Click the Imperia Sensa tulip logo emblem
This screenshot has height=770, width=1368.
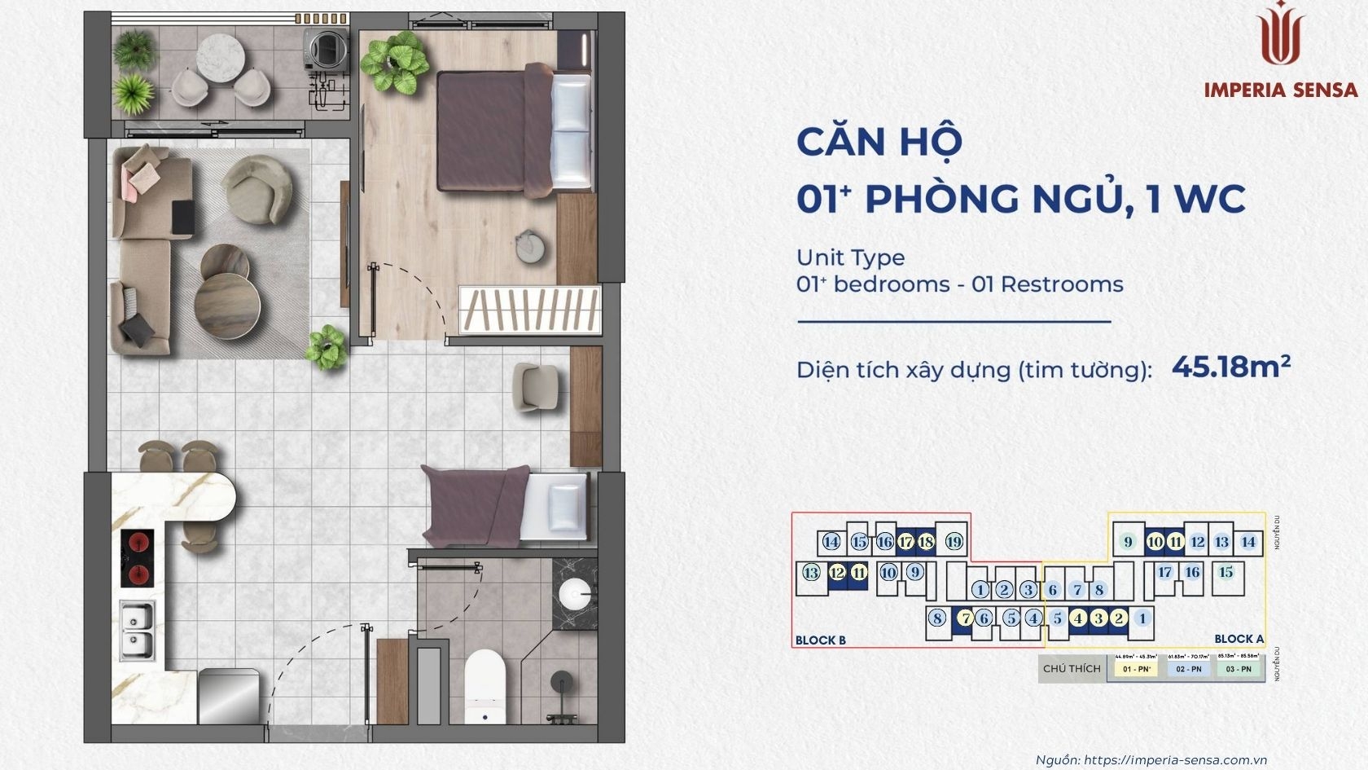(1281, 34)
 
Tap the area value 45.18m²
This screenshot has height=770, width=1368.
(1230, 367)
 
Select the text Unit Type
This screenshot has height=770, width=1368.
(850, 257)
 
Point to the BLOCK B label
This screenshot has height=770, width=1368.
(820, 640)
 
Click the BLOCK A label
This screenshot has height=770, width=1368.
(1239, 639)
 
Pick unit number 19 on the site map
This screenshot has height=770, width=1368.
(954, 542)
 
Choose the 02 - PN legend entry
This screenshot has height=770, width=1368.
(1188, 669)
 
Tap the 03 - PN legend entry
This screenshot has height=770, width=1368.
(1238, 669)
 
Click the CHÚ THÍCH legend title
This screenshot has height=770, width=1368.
(1072, 668)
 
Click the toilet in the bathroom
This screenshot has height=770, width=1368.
(485, 683)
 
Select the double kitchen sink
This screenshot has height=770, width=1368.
(136, 631)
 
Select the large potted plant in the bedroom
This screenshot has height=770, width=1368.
(395, 61)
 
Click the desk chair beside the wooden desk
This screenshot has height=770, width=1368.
(535, 386)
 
